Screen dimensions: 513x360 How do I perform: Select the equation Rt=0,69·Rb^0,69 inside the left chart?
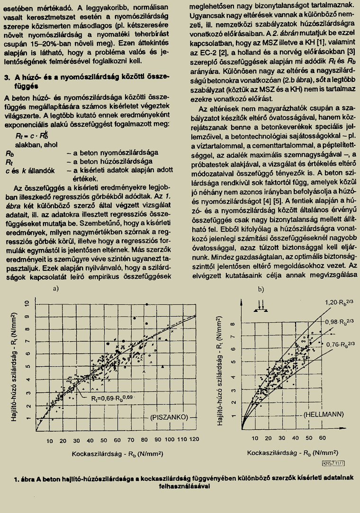[114, 398]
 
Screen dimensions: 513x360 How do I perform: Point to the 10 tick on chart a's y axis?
[27, 304]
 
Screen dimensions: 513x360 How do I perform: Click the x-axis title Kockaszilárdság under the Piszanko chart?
[117, 453]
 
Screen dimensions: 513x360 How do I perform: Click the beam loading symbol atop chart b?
[260, 305]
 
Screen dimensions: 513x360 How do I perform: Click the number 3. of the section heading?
[8, 77]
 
